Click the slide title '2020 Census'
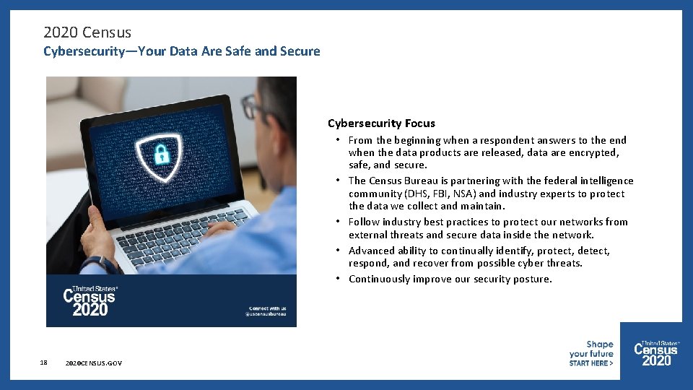[87, 32]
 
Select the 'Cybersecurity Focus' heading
[381, 123]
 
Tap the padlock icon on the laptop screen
[161, 153]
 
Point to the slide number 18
[44, 363]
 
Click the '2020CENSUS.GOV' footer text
[93, 363]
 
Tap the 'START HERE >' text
[590, 363]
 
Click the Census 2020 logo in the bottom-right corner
[655, 353]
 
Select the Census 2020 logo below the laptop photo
[90, 300]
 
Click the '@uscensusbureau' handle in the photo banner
[266, 314]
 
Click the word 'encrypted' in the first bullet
[594, 153]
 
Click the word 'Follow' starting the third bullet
[364, 222]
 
